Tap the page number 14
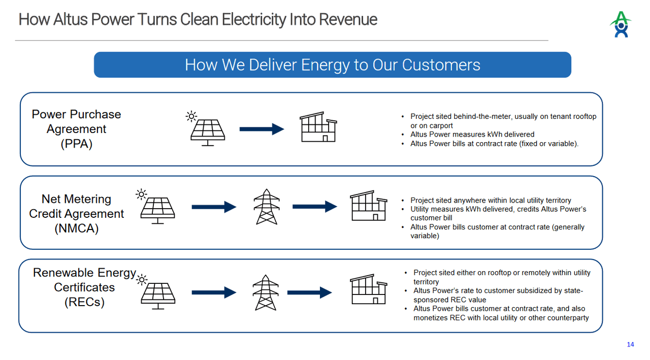pos(630,345)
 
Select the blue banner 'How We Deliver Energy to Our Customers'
pos(332,65)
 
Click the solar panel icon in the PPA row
pos(207,130)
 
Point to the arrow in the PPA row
pos(262,129)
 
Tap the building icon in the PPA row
pos(318,127)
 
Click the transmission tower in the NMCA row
pos(267,207)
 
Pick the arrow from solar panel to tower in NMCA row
pos(214,207)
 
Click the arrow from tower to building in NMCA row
pos(315,207)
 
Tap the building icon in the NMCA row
pos(368,206)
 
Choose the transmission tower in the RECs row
pos(266,292)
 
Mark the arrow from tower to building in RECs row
pos(309,292)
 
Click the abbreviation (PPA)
pos(76,144)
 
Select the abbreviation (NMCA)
pos(76,228)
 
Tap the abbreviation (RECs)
pos(84,302)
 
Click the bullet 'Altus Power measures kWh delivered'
pos(472,135)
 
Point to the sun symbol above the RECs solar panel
pos(142,280)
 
